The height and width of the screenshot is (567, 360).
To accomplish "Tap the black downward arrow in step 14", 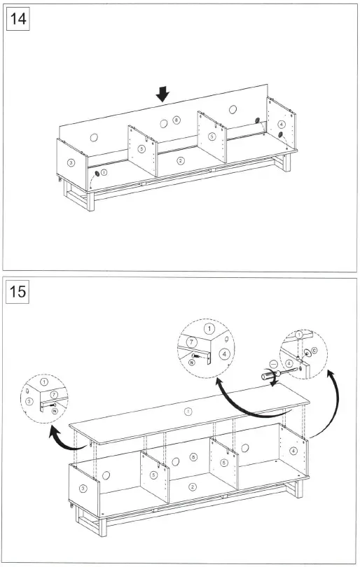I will [x=163, y=93].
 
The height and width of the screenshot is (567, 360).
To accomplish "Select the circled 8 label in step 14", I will [x=176, y=121].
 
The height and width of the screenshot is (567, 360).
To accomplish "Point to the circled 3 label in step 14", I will [x=71, y=162].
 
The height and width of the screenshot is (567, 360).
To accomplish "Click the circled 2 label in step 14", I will [x=181, y=160].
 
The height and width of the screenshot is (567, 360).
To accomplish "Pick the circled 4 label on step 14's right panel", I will [x=282, y=124].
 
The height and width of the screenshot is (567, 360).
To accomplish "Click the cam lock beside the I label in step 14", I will [x=97, y=173].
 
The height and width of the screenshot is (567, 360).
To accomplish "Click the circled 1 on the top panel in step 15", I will [x=187, y=412].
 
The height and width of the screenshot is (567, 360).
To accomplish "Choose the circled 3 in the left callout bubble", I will [x=30, y=401].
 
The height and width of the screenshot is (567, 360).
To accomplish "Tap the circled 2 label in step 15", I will [x=193, y=487].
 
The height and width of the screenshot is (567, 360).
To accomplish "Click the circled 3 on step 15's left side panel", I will [x=83, y=489].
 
